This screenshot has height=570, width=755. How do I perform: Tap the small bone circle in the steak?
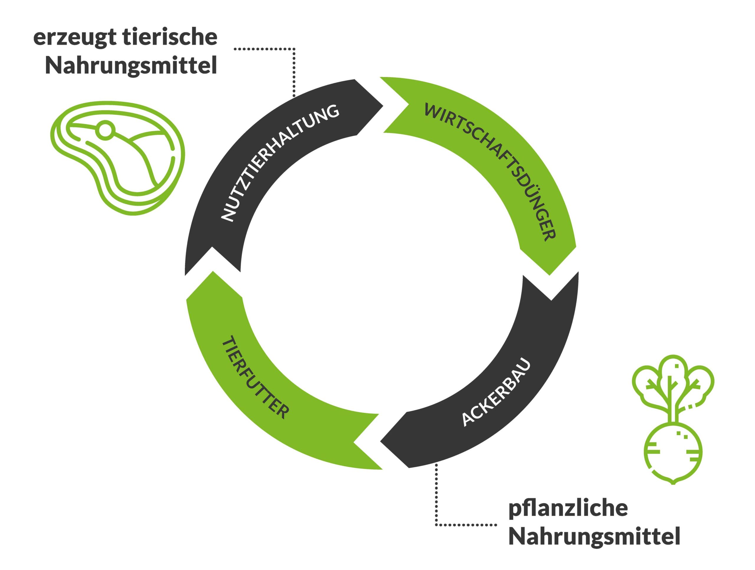(x=105, y=130)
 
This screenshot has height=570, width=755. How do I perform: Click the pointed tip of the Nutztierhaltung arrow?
(x=382, y=106)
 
